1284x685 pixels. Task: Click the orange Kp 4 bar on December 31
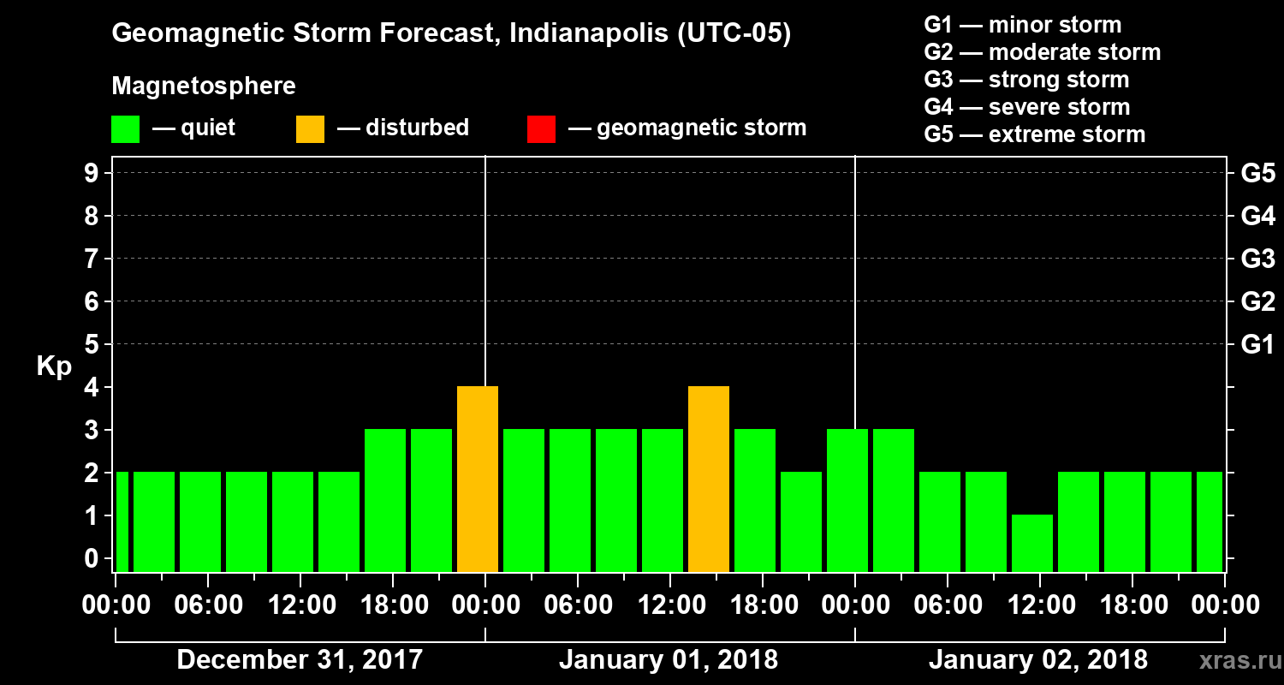pos(478,479)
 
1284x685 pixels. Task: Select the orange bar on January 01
pos(709,479)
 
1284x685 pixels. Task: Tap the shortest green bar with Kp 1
pos(1032,543)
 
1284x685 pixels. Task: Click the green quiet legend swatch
pos(125,129)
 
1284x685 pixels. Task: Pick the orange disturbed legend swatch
pos(310,129)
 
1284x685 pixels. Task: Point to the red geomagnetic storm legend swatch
pos(541,129)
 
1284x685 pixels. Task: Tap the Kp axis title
pos(53,366)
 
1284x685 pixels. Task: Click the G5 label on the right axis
pos(1257,173)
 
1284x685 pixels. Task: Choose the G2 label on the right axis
pos(1257,301)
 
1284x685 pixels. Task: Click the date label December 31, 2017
pos(300,660)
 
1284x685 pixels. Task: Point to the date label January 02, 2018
pos(1038,660)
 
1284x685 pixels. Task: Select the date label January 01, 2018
pos(669,660)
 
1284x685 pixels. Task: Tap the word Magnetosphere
pos(204,86)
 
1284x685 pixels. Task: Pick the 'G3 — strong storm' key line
pos(1026,80)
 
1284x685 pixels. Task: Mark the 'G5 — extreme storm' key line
pos(1034,134)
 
